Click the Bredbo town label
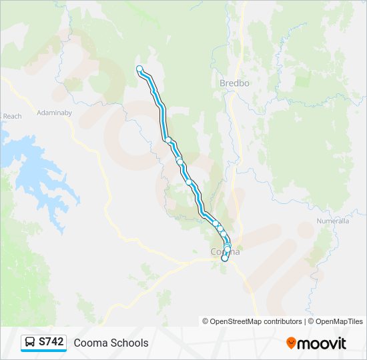coord(234,83)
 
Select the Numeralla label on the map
coord(331,221)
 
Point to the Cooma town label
coord(224,252)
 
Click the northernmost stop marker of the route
coord(139,69)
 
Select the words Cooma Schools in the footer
coord(111,343)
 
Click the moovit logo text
coord(322,343)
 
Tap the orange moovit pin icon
coord(291,343)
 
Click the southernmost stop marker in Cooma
coord(225,259)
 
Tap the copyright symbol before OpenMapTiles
coord(311,321)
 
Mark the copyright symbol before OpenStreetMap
coord(206,321)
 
